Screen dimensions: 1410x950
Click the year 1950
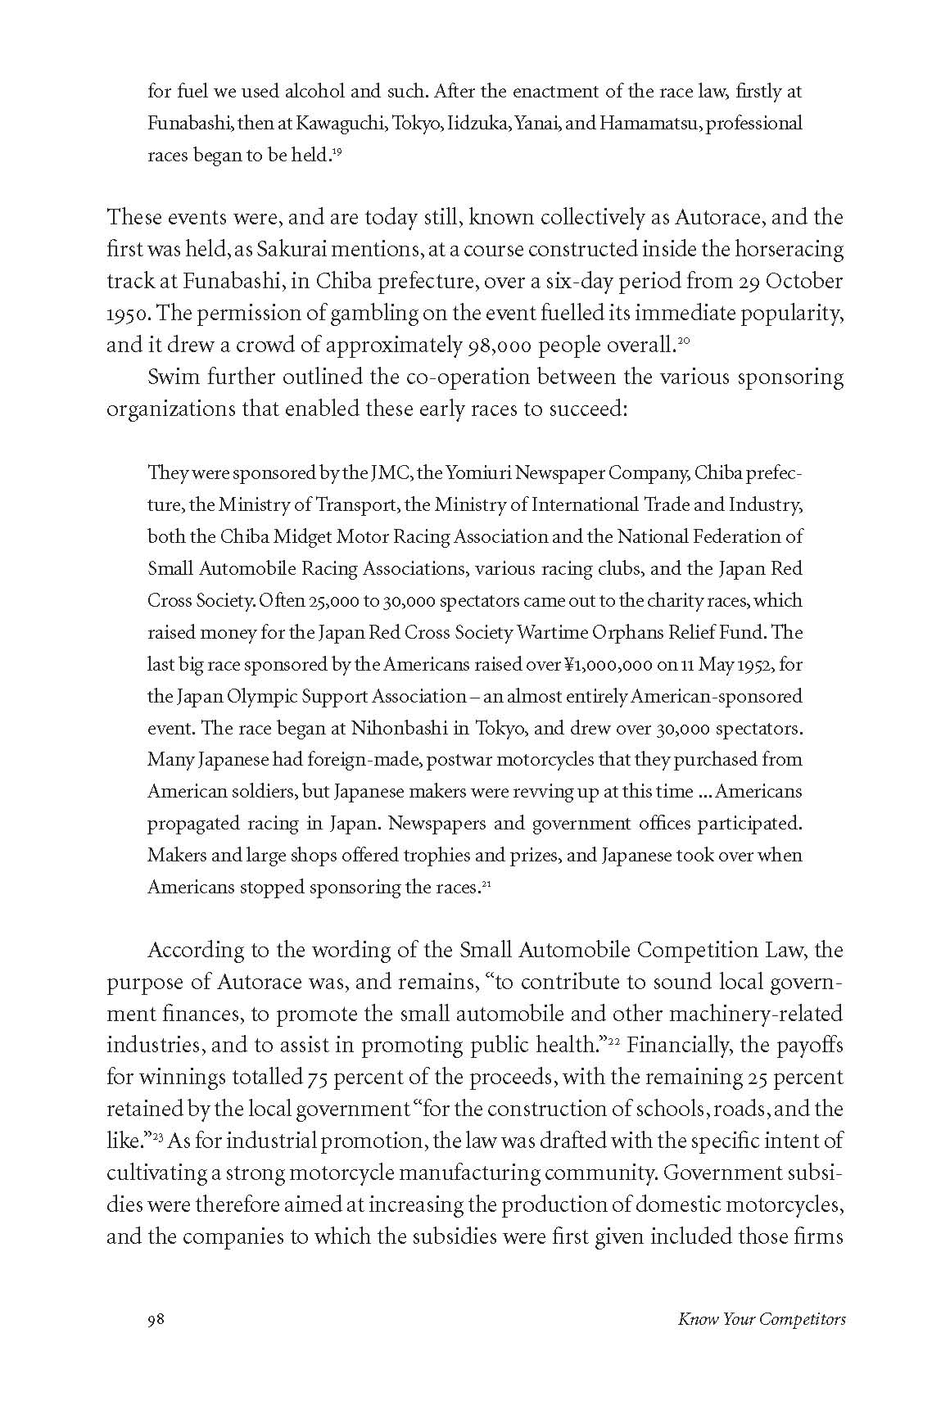[124, 314]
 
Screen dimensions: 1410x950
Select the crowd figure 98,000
[498, 346]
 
